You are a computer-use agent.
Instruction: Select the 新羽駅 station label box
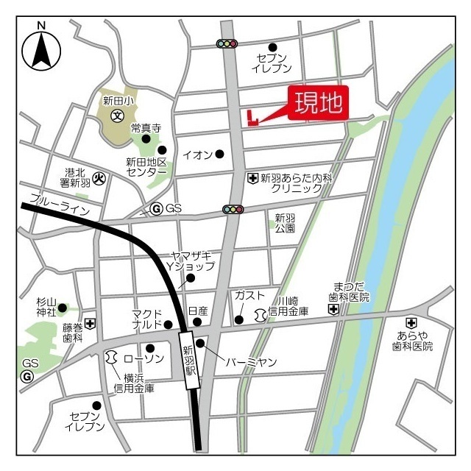coord(189,359)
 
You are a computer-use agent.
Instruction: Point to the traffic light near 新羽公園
coord(233,210)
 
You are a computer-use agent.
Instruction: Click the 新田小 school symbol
coord(117,116)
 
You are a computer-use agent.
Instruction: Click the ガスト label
coord(249,295)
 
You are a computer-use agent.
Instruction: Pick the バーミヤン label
coord(251,362)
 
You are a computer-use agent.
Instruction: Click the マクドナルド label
coord(147,319)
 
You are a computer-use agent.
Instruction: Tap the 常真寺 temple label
coord(145,127)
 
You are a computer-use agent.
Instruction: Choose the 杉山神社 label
coord(46,308)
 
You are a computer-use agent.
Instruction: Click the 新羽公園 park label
coord(285,223)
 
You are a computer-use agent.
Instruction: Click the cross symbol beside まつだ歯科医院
coord(334,310)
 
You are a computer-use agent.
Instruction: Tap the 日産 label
coord(198,311)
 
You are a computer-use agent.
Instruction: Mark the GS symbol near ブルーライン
coord(156,209)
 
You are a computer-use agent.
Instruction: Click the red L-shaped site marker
coord(252,118)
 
